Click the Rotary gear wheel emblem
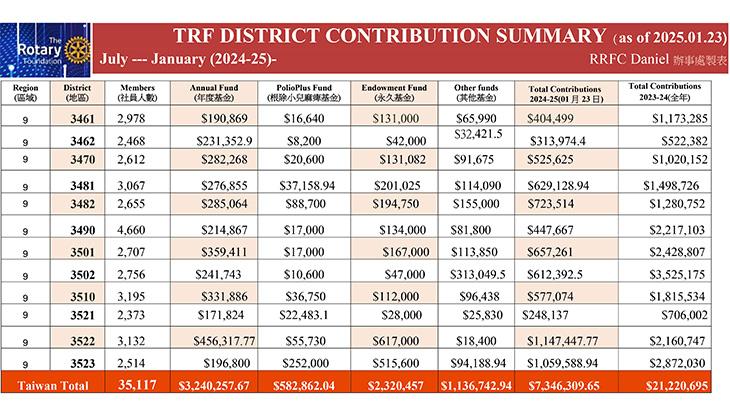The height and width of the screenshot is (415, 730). (77, 50)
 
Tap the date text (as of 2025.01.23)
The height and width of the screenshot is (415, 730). (670, 38)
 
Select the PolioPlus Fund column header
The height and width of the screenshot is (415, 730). (304, 92)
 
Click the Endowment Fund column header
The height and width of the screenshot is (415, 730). (394, 92)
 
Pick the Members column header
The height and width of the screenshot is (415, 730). (137, 92)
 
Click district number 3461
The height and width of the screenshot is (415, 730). (82, 119)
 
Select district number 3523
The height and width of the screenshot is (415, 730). (82, 363)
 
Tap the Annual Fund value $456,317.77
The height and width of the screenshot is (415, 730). (224, 341)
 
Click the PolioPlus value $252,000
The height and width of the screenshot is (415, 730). (305, 363)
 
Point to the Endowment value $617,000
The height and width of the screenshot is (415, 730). (396, 341)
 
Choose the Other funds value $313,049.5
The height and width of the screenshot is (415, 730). (478, 275)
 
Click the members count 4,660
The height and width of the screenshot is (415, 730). (131, 230)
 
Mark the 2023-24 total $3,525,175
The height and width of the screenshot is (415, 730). (677, 275)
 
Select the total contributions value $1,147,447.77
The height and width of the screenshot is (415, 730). (562, 341)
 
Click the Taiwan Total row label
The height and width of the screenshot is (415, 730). (53, 386)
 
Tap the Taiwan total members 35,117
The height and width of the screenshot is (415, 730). (137, 385)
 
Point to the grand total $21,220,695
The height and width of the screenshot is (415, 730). (676, 386)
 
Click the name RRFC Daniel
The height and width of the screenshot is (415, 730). (629, 60)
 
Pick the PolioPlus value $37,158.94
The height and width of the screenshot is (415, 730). (307, 186)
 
